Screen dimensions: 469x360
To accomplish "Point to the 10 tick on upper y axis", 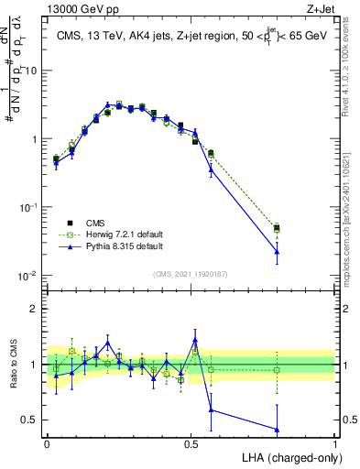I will pyautogui.click(x=30, y=71).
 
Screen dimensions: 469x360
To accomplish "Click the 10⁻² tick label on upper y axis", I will pyautogui.click(x=27, y=276).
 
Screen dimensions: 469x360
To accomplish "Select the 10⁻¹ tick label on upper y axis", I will pyautogui.click(x=27, y=207).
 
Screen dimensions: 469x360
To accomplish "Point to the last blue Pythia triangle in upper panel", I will pyautogui.click(x=277, y=251).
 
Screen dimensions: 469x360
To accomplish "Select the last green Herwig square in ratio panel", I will pyautogui.click(x=277, y=370).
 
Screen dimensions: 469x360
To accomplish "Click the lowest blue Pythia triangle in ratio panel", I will pyautogui.click(x=277, y=430).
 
